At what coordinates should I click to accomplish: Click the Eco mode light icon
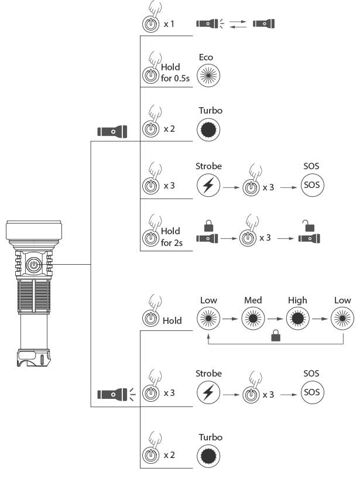coord(208,76)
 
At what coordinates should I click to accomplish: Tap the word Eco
coord(205,57)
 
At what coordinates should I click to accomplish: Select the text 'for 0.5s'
coord(174,78)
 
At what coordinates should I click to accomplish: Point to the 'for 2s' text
coord(170,242)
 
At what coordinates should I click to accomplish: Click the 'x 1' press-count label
coord(169,25)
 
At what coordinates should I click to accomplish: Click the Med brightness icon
coord(253,319)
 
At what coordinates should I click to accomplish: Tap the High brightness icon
coord(297,319)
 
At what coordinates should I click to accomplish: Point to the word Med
coord(253,300)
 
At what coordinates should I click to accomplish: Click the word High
coord(297,300)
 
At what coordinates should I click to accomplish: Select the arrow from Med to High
coord(275,319)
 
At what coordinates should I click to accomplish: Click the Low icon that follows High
coord(342,319)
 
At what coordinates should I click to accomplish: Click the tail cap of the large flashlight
coord(33,357)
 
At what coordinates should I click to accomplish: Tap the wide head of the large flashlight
coord(34,231)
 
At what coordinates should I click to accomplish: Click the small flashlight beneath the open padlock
coord(309,239)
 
